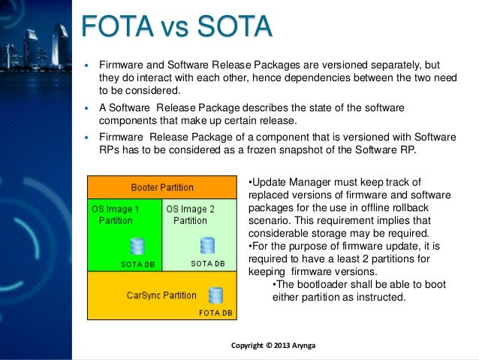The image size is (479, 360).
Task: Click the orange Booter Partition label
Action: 162,187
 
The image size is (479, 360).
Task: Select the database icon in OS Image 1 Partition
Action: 137,246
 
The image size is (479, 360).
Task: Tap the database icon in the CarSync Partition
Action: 215,295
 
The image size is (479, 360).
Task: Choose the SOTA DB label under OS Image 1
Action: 138,264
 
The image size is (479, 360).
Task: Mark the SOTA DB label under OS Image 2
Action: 208,264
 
